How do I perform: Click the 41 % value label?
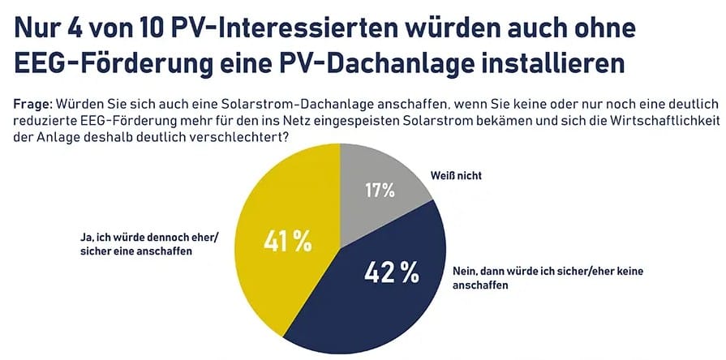[x=288, y=241]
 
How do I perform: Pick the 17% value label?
[x=378, y=191]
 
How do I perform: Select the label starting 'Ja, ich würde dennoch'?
[x=133, y=245]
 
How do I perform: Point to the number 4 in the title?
[x=73, y=27]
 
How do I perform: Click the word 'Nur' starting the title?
[x=34, y=27]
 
